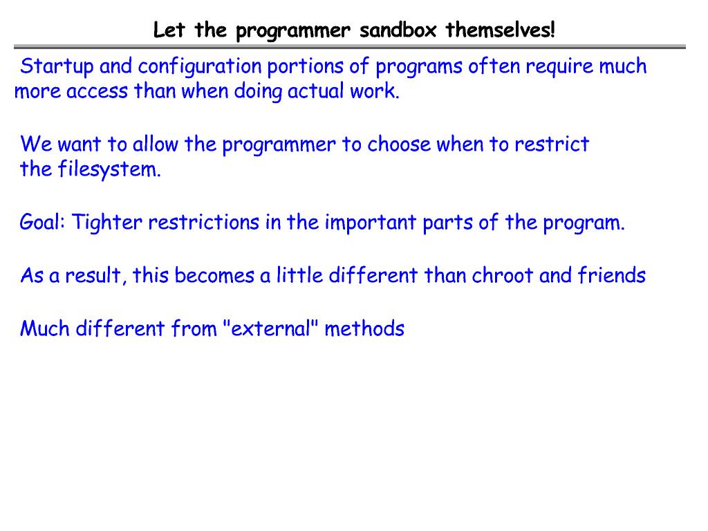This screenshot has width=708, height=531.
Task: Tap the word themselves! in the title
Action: pos(501,31)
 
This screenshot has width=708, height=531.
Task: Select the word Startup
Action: pos(57,67)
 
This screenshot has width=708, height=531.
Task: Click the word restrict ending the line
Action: pos(552,145)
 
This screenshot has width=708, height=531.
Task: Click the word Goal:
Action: pos(42,223)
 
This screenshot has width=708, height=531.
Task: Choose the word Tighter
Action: pos(107,223)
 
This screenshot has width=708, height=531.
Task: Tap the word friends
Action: pos(612,276)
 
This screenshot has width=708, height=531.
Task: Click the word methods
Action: pos(364,328)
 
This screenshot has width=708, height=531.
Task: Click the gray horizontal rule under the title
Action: pos(350,47)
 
